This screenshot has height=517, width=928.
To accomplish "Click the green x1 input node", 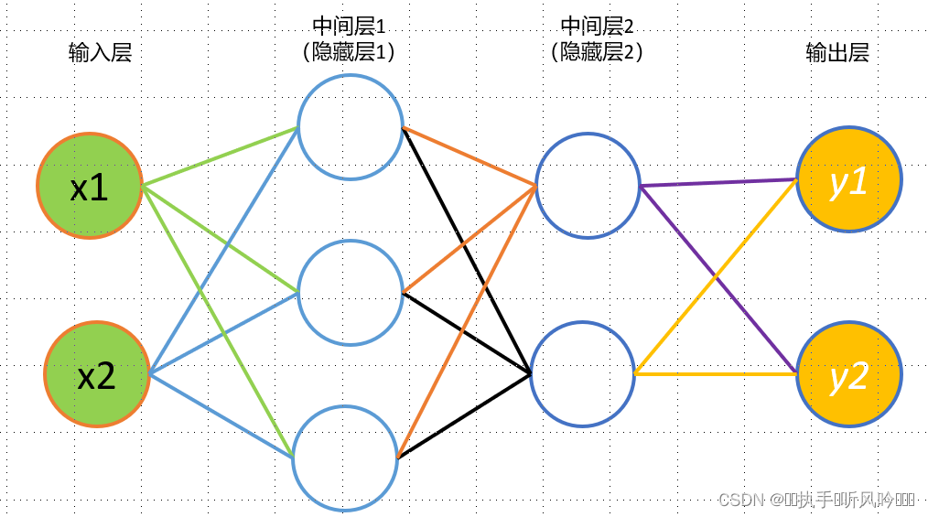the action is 90,186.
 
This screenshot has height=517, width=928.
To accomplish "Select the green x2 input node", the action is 96,374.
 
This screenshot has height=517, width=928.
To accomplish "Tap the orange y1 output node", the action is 849,178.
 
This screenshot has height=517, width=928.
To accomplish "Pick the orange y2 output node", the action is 849,374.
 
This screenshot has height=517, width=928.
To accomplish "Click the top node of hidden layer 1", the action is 350,125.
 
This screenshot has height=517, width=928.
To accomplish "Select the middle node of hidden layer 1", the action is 351,293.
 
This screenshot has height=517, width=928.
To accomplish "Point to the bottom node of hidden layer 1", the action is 346,456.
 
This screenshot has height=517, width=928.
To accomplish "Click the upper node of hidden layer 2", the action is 588,186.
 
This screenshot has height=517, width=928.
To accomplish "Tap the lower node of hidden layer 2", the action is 582,373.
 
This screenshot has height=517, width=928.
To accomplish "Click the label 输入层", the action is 101,52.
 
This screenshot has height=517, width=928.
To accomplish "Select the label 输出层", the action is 836,52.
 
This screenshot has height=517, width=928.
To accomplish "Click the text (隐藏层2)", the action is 598,52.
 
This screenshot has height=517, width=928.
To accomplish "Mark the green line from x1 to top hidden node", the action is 220,156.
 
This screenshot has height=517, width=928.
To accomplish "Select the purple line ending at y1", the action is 718,183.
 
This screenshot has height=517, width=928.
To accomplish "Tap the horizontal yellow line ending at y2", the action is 714,373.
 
